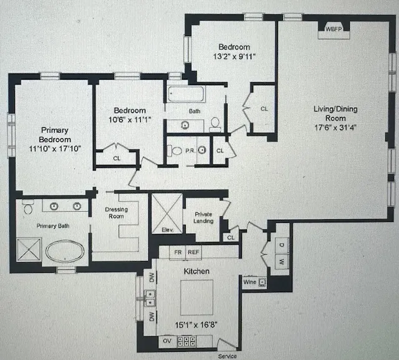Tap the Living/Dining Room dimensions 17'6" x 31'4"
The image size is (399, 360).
335,128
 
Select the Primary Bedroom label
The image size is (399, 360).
54,135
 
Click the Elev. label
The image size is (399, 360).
167,229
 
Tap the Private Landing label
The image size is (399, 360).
203,217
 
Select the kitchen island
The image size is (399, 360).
196,298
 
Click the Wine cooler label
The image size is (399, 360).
249,282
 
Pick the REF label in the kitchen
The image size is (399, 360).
193,252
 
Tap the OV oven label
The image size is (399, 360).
166,341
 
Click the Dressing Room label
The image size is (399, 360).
116,214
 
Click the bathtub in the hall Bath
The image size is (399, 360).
185,95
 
